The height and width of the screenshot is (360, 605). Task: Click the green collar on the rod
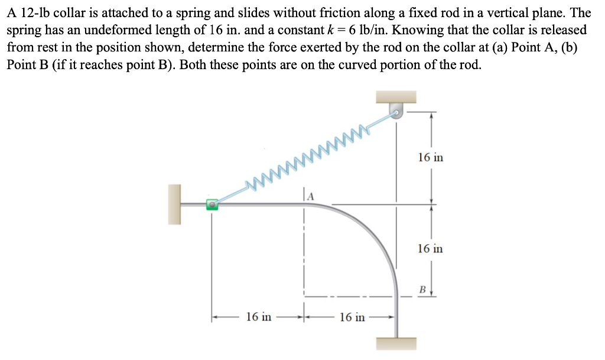pos(212,205)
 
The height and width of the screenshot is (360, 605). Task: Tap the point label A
pos(310,194)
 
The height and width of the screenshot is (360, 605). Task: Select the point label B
pos(422,290)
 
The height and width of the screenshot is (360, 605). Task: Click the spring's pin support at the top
pos(396,110)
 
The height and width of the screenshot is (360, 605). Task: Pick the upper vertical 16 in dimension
pos(430,157)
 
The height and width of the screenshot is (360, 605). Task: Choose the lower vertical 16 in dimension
pos(430,248)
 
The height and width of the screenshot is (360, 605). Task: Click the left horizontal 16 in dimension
pos(258,317)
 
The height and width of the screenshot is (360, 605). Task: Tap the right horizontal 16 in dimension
pos(352,317)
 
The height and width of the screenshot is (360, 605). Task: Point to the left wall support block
pos(174,205)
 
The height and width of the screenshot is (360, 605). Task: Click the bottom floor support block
pos(396,343)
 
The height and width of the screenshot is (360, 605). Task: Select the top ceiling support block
pos(396,96)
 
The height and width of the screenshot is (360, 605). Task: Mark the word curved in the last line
pos(341,64)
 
